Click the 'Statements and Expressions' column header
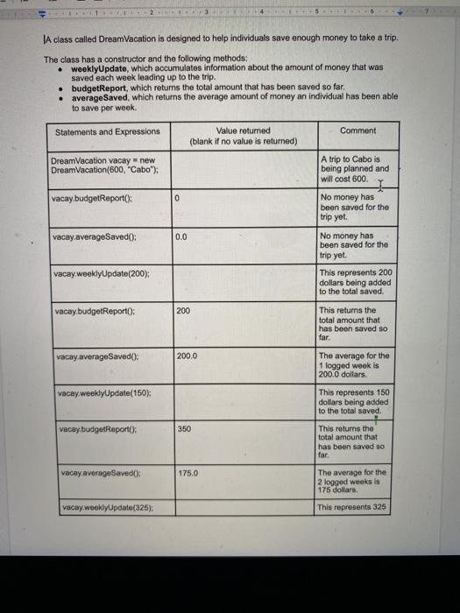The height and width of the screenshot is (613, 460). point(108,132)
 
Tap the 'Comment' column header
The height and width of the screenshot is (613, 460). point(357,130)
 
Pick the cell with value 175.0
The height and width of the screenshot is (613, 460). point(188,473)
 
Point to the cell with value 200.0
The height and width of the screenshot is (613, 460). point(188,356)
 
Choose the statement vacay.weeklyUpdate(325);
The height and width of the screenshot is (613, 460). point(104,508)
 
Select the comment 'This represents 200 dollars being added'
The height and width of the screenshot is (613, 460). point(356,282)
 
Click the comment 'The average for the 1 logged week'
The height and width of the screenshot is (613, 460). point(355,363)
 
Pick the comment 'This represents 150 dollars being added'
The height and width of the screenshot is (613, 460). point(356,401)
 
